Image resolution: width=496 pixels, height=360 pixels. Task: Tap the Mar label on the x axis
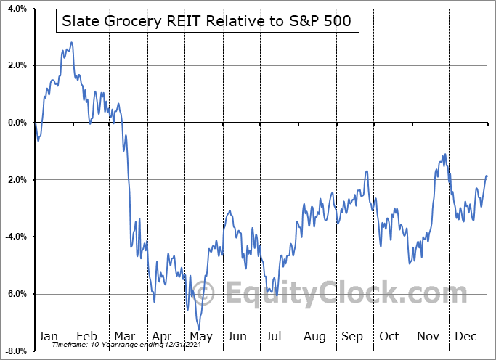click(124, 336)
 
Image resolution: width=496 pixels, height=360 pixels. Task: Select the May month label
click(201, 336)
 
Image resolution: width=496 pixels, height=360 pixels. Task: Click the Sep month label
click(352, 336)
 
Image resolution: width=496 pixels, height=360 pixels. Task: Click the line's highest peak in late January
click(71, 42)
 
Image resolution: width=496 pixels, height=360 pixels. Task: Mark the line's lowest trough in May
click(198, 328)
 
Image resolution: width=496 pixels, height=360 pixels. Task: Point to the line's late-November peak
click(443, 155)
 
